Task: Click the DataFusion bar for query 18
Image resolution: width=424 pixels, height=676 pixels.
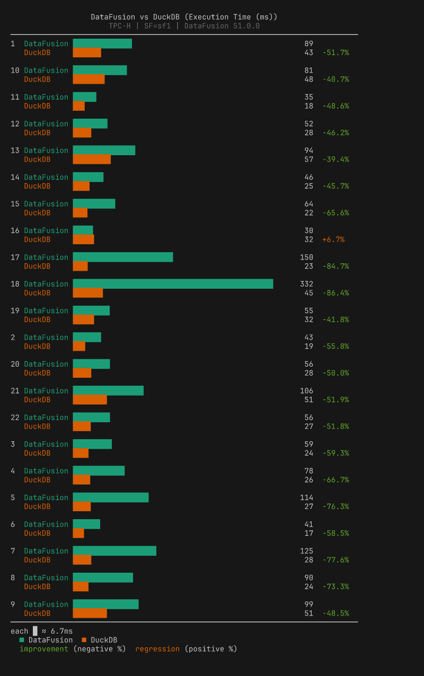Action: tap(173, 284)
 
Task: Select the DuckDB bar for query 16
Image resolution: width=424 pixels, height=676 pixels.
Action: tap(83, 239)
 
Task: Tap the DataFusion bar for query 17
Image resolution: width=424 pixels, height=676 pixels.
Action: tap(123, 257)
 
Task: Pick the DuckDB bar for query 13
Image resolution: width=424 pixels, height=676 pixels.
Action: tap(92, 159)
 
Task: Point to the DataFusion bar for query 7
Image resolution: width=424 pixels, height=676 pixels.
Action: tap(114, 551)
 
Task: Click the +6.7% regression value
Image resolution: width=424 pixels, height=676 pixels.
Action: tap(333, 239)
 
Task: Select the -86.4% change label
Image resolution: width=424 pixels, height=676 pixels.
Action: tap(335, 293)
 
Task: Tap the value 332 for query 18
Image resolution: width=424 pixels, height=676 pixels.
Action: tap(306, 284)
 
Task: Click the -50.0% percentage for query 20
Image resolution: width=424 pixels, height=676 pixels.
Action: tap(335, 373)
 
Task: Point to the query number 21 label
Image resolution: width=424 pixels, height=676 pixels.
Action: tap(15, 391)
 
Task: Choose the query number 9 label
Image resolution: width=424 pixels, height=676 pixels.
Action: tap(13, 604)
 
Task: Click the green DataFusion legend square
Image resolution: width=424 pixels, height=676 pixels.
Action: tap(22, 640)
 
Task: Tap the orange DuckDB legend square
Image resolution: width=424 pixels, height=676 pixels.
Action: tap(84, 640)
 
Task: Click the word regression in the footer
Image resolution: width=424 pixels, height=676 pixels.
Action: tap(157, 649)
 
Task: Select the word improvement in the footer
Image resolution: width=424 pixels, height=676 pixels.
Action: tap(44, 649)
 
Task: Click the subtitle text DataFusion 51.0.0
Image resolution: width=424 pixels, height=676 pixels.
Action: tap(222, 26)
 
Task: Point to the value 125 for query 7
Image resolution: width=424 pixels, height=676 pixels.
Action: tap(306, 551)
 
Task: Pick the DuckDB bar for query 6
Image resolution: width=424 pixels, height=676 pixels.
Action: tap(78, 533)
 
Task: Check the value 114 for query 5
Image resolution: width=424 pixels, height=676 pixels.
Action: tap(306, 497)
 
